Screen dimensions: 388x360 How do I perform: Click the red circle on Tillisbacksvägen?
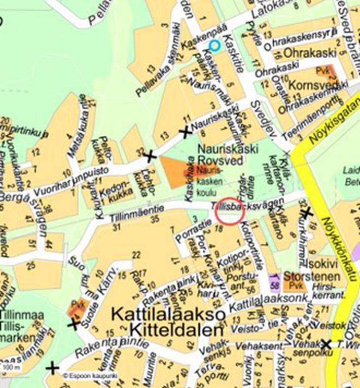pyautogui.click(x=230, y=211)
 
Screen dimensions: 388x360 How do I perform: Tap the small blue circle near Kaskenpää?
pyautogui.click(x=215, y=46)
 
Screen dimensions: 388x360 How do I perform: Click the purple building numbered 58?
pyautogui.click(x=275, y=282)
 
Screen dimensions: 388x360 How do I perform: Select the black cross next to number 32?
pyautogui.click(x=150, y=157)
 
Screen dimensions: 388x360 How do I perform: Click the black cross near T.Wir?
pyautogui.click(x=326, y=345)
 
